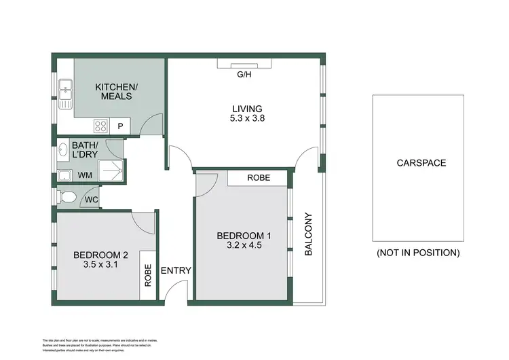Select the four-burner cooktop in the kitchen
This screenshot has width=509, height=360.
click(x=101, y=126)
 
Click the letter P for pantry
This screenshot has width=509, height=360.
click(x=121, y=126)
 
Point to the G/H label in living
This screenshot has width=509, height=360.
click(x=244, y=75)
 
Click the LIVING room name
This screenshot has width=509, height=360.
click(x=247, y=109)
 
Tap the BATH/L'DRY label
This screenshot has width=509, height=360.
click(x=86, y=149)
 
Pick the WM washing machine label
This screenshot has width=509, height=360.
click(x=86, y=175)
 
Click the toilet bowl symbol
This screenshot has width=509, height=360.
click(x=67, y=197)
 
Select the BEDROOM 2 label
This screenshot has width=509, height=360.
click(x=101, y=255)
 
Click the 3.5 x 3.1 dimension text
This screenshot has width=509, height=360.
click(x=100, y=266)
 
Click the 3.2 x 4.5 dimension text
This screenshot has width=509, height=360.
click(x=243, y=246)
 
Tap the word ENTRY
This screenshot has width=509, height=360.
click(x=176, y=270)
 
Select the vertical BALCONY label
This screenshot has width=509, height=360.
click(x=309, y=234)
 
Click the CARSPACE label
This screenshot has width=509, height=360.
click(x=418, y=163)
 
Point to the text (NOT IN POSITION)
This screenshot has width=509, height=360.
click(x=418, y=253)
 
